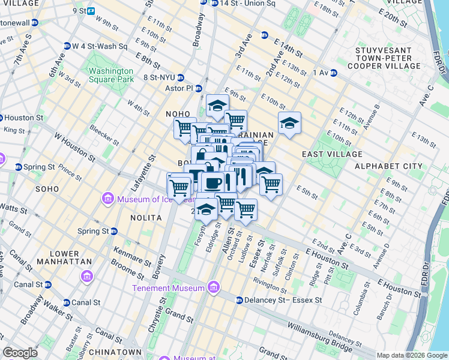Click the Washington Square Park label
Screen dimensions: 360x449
point(111,74)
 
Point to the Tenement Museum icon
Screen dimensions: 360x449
point(212,288)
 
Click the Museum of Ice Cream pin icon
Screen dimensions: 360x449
point(109,199)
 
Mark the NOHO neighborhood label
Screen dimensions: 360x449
point(178,114)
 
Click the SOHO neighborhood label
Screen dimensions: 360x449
point(47,189)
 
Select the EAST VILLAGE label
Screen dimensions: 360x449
point(325,154)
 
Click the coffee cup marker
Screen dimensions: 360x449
point(212,182)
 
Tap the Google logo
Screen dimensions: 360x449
point(20,353)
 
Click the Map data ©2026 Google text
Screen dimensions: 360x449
point(412,355)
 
